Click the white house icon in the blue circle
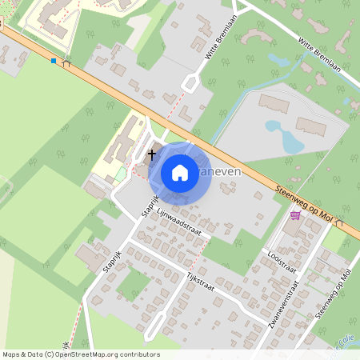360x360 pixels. point(180,172)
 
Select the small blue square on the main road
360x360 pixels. point(54,61)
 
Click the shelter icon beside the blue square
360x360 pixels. point(66,63)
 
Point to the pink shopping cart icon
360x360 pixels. point(295,214)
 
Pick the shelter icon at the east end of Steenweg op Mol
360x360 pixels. point(340,224)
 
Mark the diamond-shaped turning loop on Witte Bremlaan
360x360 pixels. point(192,82)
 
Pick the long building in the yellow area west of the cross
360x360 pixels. point(121,145)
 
